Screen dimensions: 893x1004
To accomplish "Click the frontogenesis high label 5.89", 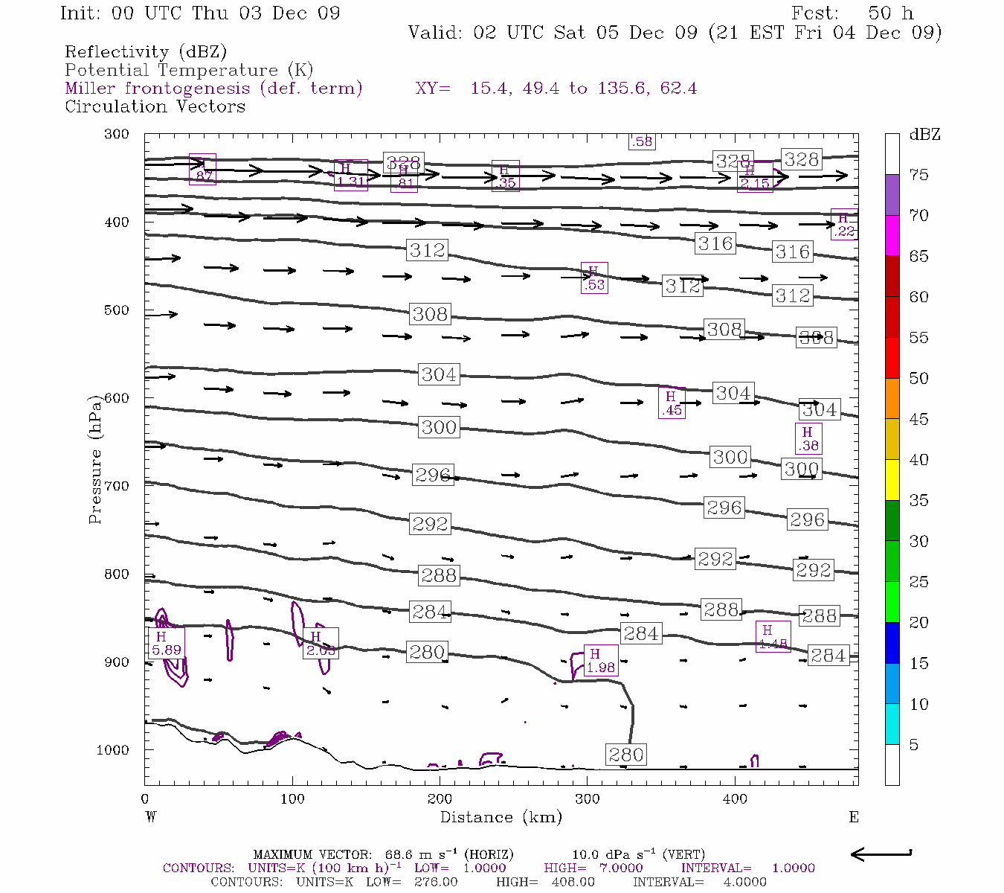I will (166, 644).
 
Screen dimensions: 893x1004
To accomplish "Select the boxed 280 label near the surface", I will (625, 755).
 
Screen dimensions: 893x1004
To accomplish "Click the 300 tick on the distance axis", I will (588, 798).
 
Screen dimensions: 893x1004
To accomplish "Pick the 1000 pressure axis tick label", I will (113, 750).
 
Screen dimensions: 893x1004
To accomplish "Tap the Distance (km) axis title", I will (501, 817).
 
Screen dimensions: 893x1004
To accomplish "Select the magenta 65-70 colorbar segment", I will (892, 235).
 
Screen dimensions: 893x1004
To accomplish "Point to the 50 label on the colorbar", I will (918, 379).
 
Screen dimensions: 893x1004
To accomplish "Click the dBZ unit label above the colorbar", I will (924, 135).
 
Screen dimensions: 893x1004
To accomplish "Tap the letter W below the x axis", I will (151, 817).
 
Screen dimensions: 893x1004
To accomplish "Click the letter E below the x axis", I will (853, 817).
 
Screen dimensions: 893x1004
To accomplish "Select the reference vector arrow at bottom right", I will (881, 854).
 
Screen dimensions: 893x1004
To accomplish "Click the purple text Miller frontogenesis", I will (213, 89).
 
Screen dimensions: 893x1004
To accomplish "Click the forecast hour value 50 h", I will (890, 13).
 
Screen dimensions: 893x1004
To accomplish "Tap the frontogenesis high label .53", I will (594, 278).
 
